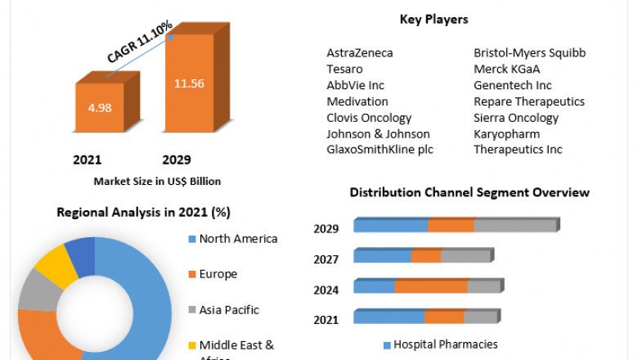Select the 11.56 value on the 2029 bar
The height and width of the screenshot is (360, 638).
[189, 83]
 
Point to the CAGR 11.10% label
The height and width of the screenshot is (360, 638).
[140, 43]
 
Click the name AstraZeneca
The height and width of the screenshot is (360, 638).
[360, 53]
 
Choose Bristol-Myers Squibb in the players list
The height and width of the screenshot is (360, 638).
[530, 53]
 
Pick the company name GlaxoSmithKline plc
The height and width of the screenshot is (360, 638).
[380, 150]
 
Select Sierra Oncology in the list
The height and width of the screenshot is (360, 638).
[516, 118]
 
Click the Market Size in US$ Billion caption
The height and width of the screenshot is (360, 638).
[157, 181]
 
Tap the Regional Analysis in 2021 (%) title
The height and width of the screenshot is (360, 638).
[143, 213]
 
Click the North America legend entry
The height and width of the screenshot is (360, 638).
[238, 239]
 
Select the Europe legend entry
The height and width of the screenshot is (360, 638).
[218, 274]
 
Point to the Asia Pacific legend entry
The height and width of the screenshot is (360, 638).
[228, 310]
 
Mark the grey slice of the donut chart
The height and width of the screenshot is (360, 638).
[35, 291]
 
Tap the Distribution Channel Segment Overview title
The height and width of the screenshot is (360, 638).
[470, 192]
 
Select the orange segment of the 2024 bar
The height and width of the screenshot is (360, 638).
[431, 286]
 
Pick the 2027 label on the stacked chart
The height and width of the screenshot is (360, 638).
[326, 259]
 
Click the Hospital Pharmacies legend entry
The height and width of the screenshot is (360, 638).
[445, 344]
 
